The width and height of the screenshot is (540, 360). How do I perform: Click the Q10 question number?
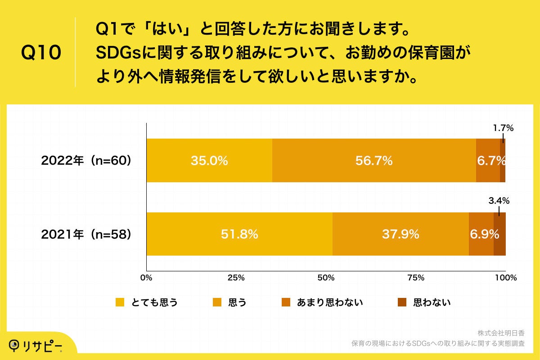point(41,53)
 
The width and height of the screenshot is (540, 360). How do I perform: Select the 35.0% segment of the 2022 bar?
point(209,161)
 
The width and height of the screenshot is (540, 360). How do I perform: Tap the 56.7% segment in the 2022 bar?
point(373,161)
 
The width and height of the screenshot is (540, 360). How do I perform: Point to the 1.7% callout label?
point(503,128)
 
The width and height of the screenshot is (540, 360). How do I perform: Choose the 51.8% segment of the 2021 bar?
point(239,234)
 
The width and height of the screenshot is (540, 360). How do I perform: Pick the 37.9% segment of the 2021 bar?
point(400,234)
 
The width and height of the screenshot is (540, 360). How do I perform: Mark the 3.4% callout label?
point(499,201)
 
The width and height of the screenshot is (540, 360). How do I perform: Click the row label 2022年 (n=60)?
point(86,161)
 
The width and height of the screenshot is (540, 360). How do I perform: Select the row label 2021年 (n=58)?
point(86,234)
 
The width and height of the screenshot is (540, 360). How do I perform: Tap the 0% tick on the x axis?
point(146,278)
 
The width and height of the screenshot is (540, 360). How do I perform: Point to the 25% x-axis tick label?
point(236,278)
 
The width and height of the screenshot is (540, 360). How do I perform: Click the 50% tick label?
point(326,278)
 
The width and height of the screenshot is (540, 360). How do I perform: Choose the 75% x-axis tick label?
point(416,278)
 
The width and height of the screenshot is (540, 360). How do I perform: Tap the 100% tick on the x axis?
point(505,278)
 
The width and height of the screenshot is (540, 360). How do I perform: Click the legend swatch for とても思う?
point(120,302)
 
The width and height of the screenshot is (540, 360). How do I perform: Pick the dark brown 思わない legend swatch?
point(402,302)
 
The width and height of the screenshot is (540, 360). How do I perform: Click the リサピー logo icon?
point(16,346)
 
